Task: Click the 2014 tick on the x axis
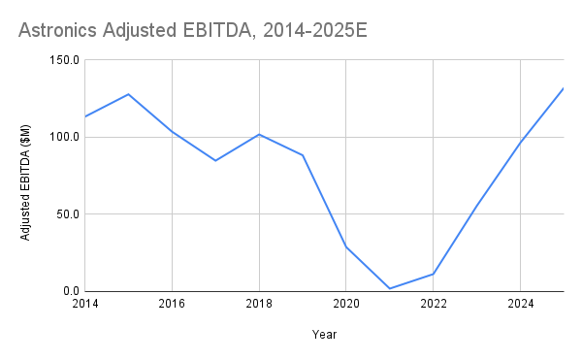[x=85, y=305]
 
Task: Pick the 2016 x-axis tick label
[x=172, y=305]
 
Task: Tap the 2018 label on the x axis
[x=259, y=305]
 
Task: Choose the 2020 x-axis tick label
[x=346, y=305]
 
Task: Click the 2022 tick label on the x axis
[x=433, y=305]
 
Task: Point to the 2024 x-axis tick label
[x=520, y=305]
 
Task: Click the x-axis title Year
[x=324, y=335]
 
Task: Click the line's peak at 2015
[x=129, y=94]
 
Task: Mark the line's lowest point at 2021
[x=389, y=288]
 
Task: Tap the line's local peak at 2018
[x=259, y=134]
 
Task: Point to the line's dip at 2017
[x=215, y=160]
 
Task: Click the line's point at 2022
[x=433, y=274]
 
